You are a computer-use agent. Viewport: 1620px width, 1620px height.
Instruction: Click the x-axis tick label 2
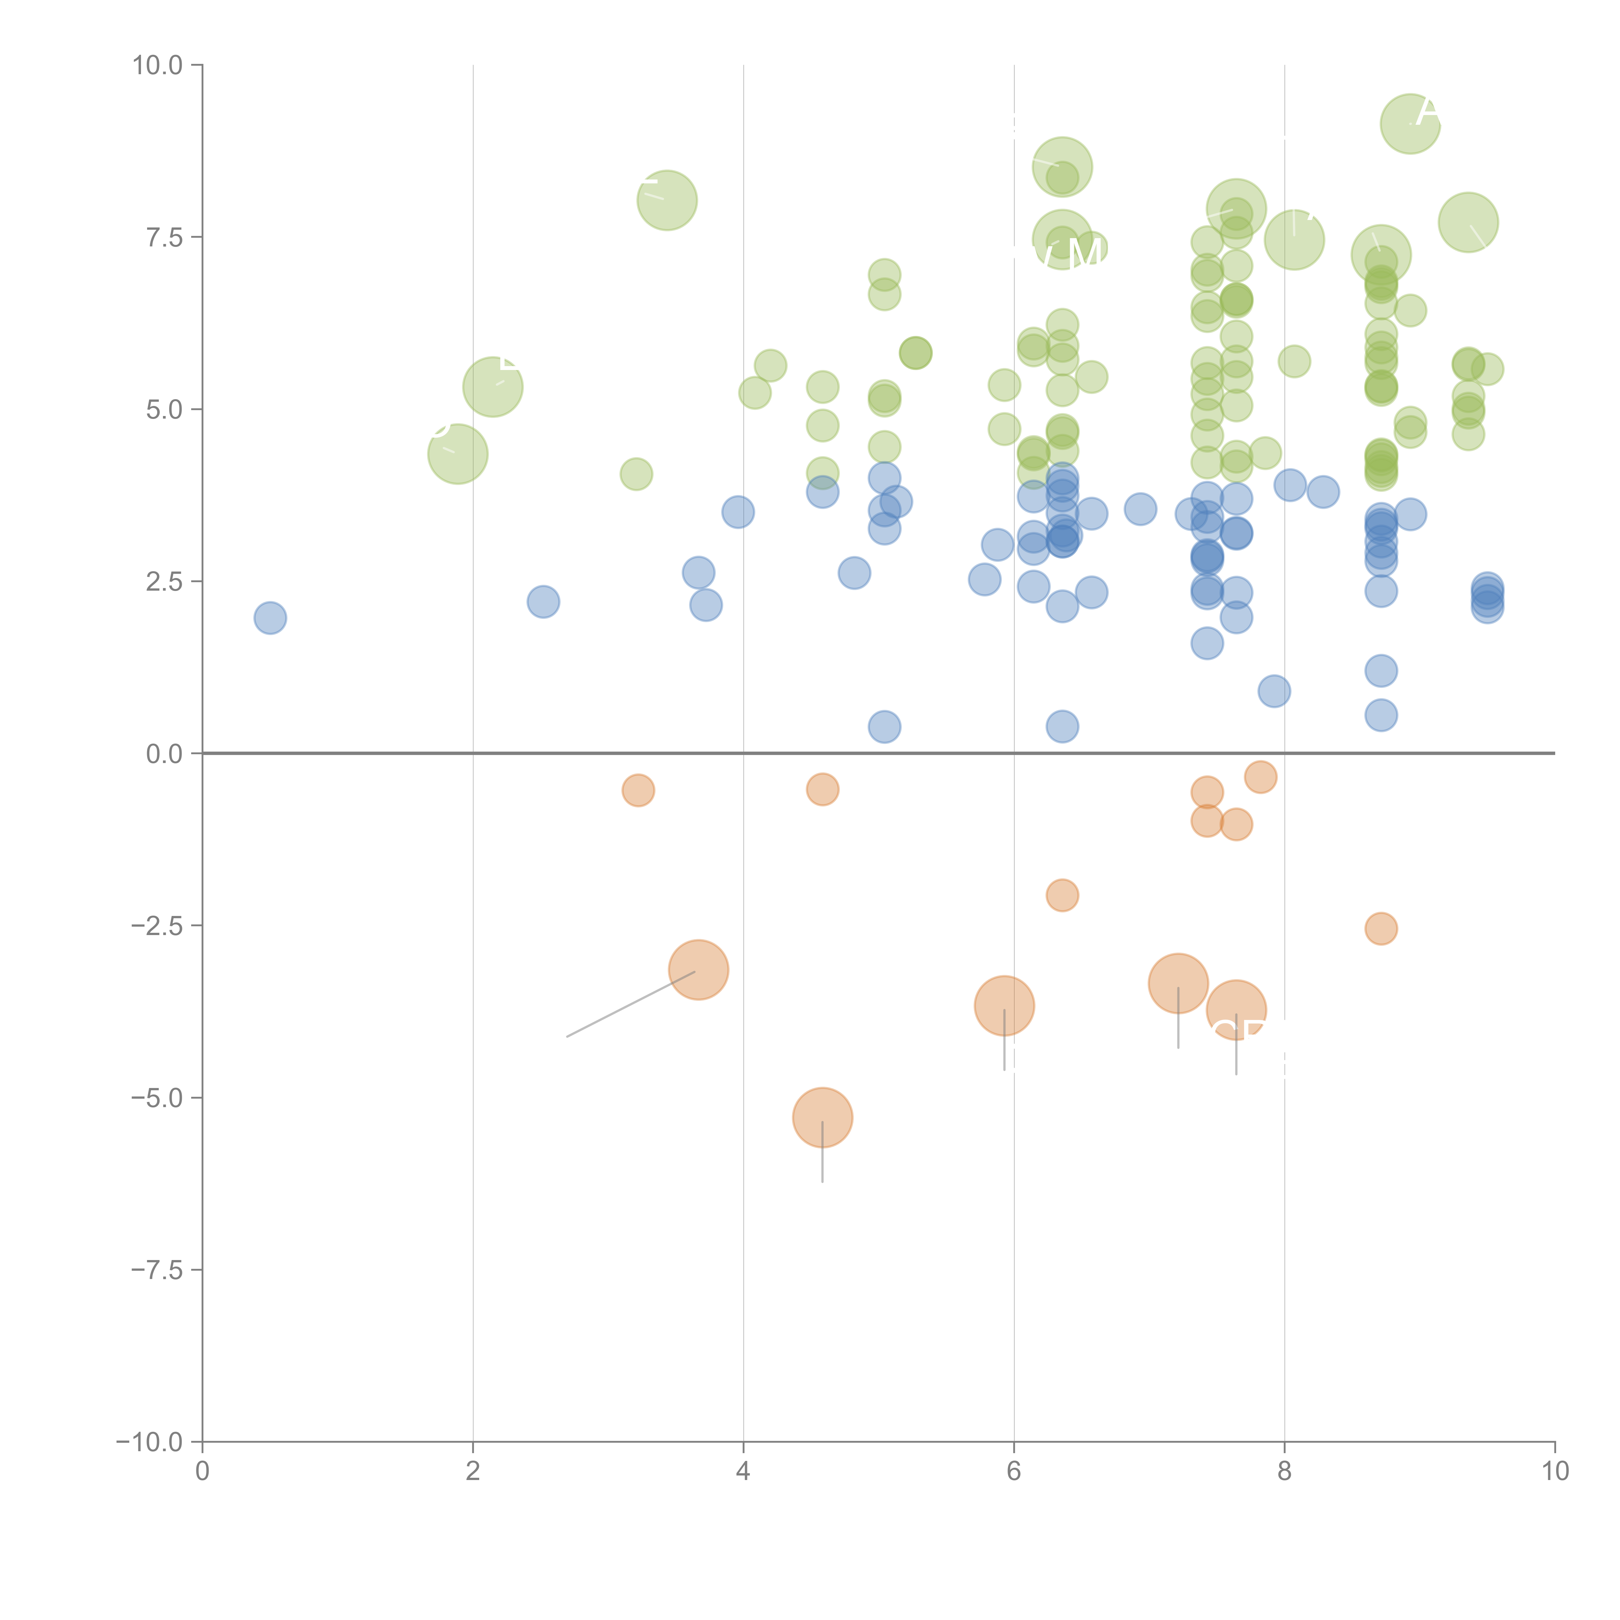(473, 1472)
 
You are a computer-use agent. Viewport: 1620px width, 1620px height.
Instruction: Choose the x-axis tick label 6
(1014, 1472)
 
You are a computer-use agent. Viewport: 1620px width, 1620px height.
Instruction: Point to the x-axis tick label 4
(743, 1472)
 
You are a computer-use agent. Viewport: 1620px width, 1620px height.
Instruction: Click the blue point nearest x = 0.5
(270, 618)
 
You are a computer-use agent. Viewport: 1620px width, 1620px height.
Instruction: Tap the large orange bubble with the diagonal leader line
(699, 970)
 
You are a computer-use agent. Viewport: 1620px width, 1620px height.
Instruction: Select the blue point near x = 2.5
(543, 601)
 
